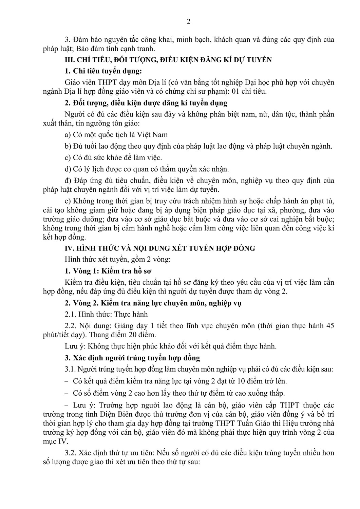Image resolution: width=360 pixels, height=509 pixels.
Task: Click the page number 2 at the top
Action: (189, 21)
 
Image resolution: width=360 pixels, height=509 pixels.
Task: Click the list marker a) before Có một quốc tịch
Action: (68, 135)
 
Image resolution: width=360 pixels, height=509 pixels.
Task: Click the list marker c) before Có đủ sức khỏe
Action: (68, 157)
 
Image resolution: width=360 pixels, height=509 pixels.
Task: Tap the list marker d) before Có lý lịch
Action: (68, 169)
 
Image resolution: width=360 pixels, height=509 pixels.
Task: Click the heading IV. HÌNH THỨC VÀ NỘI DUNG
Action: (159, 248)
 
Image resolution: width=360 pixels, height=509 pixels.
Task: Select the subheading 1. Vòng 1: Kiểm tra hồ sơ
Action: (108, 271)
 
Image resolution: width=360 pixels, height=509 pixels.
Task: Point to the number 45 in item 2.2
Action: (330, 326)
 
